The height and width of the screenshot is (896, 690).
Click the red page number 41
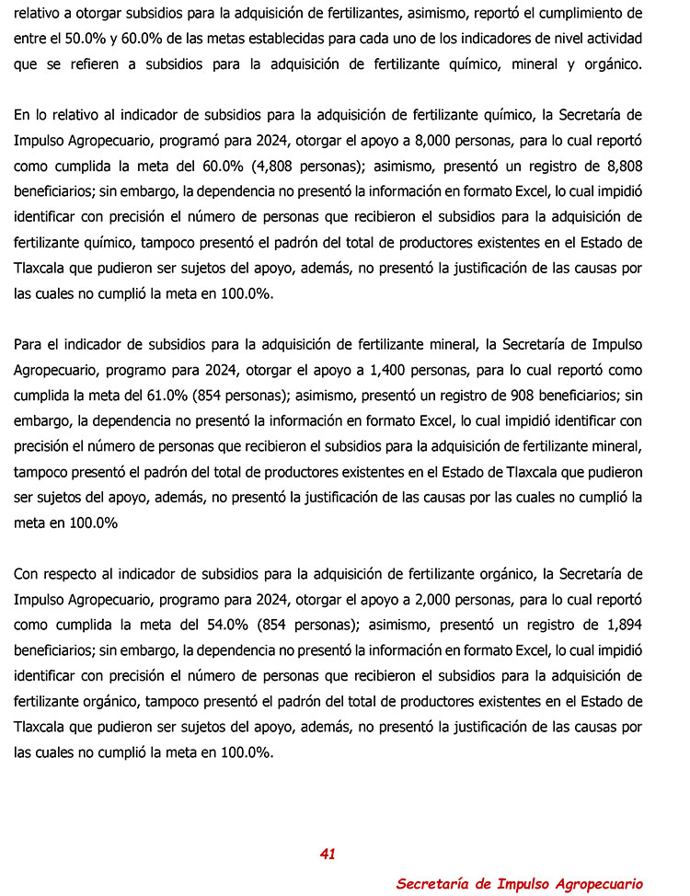tap(328, 854)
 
